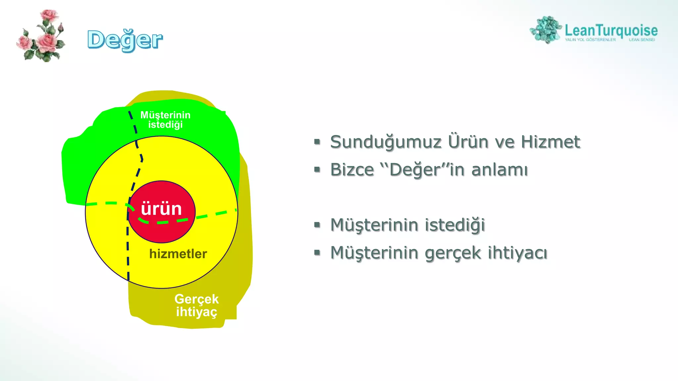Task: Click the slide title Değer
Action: click(x=125, y=40)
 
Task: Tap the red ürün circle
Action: click(x=162, y=228)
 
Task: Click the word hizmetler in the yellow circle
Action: click(x=178, y=254)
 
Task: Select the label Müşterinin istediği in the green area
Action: click(x=165, y=120)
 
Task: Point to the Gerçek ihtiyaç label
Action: click(x=196, y=305)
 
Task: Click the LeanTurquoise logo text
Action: click(x=611, y=30)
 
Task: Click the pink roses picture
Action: click(x=41, y=36)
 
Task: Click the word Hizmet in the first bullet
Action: click(x=550, y=142)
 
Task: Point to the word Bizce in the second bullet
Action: click(x=352, y=170)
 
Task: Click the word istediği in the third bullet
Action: click(x=455, y=225)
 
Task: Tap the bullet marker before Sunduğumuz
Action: click(x=317, y=142)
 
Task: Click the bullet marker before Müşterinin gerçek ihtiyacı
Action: click(x=317, y=253)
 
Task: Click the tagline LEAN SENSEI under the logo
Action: click(x=642, y=40)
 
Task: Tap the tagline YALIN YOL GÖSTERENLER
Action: click(x=590, y=40)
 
